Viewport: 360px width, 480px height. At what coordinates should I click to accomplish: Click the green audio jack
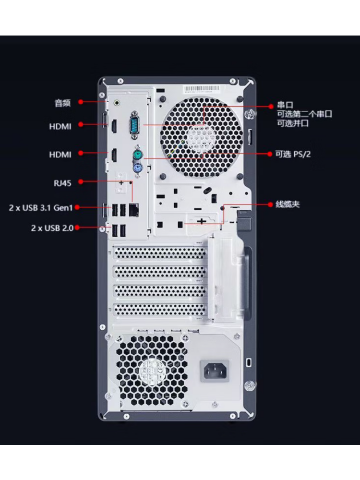(x=117, y=103)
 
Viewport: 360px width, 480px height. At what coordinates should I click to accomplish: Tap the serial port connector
(x=135, y=122)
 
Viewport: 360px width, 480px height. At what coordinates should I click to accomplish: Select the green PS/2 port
(x=137, y=154)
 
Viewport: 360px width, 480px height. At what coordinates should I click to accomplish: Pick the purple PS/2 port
(x=137, y=168)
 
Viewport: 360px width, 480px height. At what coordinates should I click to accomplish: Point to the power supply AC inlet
(x=215, y=371)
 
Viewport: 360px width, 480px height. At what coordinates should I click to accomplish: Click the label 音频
(x=63, y=103)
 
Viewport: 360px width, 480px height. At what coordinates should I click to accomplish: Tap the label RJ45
(x=62, y=183)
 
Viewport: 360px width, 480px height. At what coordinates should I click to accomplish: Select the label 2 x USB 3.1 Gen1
(x=41, y=208)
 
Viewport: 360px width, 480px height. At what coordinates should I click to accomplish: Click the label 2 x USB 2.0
(x=52, y=228)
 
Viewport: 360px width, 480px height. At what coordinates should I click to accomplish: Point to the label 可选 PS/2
(x=293, y=154)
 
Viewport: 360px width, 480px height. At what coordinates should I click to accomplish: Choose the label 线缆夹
(x=288, y=204)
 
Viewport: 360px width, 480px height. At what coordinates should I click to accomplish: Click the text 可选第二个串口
(x=305, y=114)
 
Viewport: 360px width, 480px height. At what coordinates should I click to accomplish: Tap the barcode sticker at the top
(x=202, y=89)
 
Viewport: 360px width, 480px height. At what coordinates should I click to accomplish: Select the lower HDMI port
(x=113, y=155)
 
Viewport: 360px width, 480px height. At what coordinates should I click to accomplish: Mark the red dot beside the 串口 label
(x=271, y=106)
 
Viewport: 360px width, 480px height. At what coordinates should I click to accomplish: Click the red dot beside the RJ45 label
(x=81, y=181)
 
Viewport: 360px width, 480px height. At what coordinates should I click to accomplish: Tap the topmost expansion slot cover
(x=159, y=252)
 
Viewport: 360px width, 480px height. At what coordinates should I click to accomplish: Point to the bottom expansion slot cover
(x=159, y=309)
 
